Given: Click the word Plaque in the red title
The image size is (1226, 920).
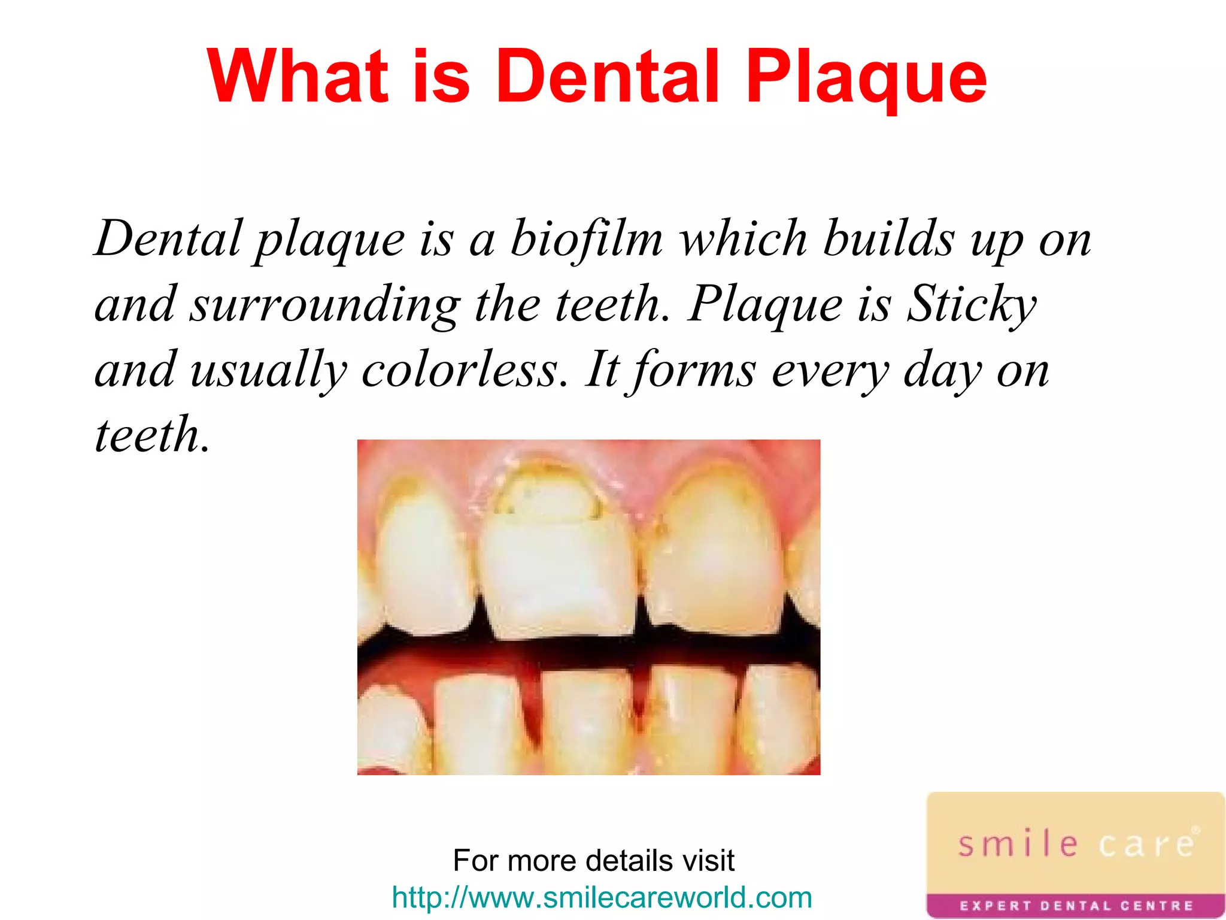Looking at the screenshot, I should [x=866, y=78].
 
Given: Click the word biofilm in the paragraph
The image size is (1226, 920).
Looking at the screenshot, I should [x=587, y=238].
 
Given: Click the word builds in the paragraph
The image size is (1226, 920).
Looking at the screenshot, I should [x=888, y=238].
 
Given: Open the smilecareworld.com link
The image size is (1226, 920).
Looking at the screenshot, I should [x=602, y=897].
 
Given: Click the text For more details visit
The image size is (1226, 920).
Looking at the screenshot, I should [x=593, y=861].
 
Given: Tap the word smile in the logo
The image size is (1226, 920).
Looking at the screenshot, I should [x=1018, y=844].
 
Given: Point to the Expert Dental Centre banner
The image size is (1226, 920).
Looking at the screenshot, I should [x=1076, y=906].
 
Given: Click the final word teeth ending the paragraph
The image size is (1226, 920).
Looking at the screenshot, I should [x=153, y=435].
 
